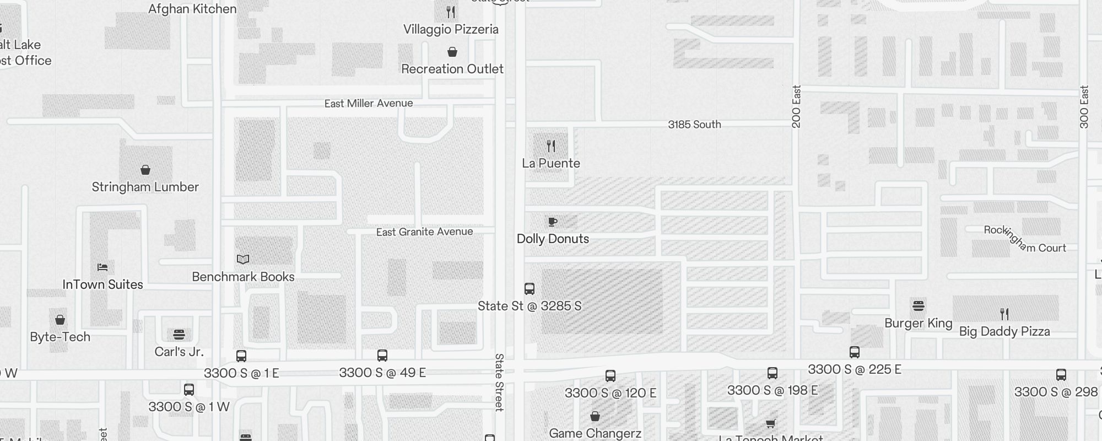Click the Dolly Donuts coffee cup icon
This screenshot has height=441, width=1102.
553,222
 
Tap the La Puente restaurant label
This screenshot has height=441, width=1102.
551,163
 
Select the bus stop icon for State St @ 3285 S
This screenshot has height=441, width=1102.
530,288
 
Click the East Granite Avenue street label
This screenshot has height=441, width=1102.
424,232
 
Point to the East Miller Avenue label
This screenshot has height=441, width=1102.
369,104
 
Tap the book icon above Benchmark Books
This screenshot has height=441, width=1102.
243,259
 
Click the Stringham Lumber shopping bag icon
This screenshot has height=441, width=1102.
145,169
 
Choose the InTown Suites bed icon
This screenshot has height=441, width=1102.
102,267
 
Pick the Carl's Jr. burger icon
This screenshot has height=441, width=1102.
179,334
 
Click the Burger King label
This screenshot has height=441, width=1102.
919,323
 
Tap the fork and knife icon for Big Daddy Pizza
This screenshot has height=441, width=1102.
1004,314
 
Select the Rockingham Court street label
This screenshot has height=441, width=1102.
1025,239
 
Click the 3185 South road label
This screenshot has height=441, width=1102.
694,125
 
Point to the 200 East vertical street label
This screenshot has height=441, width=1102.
796,106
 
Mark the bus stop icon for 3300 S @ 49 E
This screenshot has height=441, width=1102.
382,356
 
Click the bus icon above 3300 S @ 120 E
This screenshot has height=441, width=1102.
611,376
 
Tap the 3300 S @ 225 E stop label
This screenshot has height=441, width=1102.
855,369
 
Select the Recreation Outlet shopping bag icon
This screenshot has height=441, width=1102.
452,52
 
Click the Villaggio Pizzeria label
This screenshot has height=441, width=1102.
451,30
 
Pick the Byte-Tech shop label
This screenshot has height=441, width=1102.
60,337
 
